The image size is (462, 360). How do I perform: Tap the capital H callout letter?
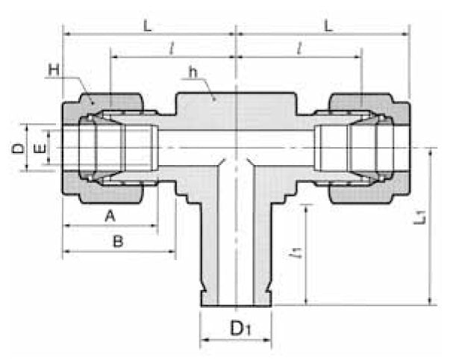pos(54,70)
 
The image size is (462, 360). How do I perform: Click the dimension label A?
pos(109,216)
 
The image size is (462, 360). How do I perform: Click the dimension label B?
pos(117,241)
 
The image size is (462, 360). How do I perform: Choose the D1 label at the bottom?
pos(237,327)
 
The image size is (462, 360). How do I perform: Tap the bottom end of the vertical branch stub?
pos(236,302)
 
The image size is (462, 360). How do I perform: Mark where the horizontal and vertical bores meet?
pos(236,149)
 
